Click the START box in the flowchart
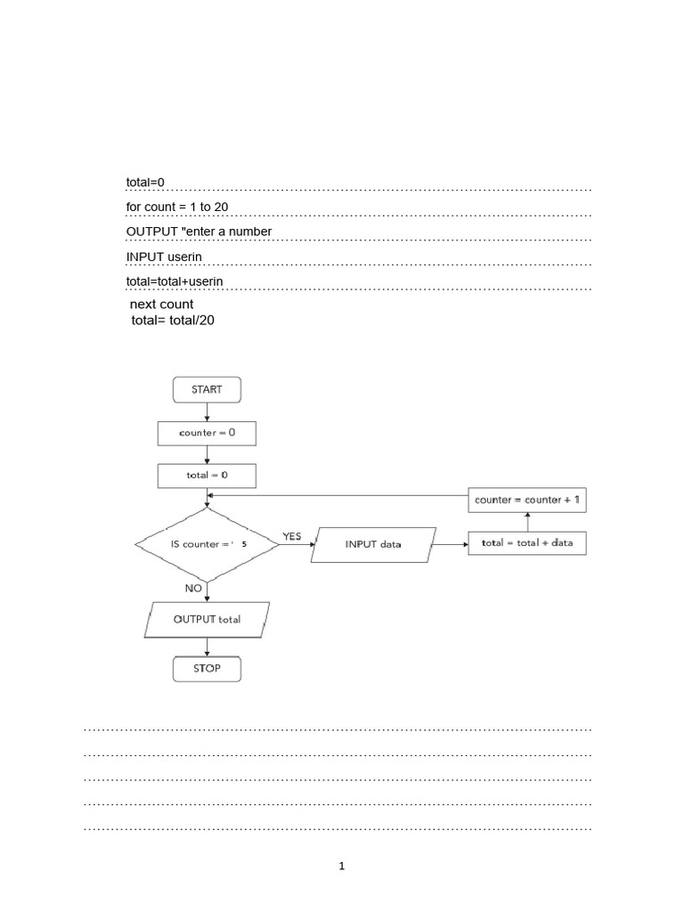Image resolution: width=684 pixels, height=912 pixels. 207,390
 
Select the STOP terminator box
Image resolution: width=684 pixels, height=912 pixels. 207,669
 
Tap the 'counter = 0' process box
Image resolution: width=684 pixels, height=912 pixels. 207,434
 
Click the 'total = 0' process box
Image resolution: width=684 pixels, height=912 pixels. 207,476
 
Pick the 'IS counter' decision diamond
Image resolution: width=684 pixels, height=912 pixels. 207,545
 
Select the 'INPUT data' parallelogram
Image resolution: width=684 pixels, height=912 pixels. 373,545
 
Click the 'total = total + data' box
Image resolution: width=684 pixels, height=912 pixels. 527,543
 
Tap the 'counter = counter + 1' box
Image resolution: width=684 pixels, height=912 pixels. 527,501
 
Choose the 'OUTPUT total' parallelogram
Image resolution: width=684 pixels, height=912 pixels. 207,620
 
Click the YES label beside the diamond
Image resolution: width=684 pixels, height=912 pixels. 292,536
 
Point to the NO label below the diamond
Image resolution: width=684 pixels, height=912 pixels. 193,589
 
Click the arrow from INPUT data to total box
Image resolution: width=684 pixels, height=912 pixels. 449,545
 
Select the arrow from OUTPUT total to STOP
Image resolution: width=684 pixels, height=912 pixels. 207,647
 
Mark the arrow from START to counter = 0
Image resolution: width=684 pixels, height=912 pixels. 207,411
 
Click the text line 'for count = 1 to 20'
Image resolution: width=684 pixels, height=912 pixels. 177,207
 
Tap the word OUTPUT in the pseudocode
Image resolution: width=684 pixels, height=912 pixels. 151,232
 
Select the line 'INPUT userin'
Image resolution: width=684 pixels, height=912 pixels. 164,257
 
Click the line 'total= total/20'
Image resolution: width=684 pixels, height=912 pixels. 173,321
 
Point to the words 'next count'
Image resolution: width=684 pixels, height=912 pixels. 162,305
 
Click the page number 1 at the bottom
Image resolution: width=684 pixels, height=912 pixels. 341,866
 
